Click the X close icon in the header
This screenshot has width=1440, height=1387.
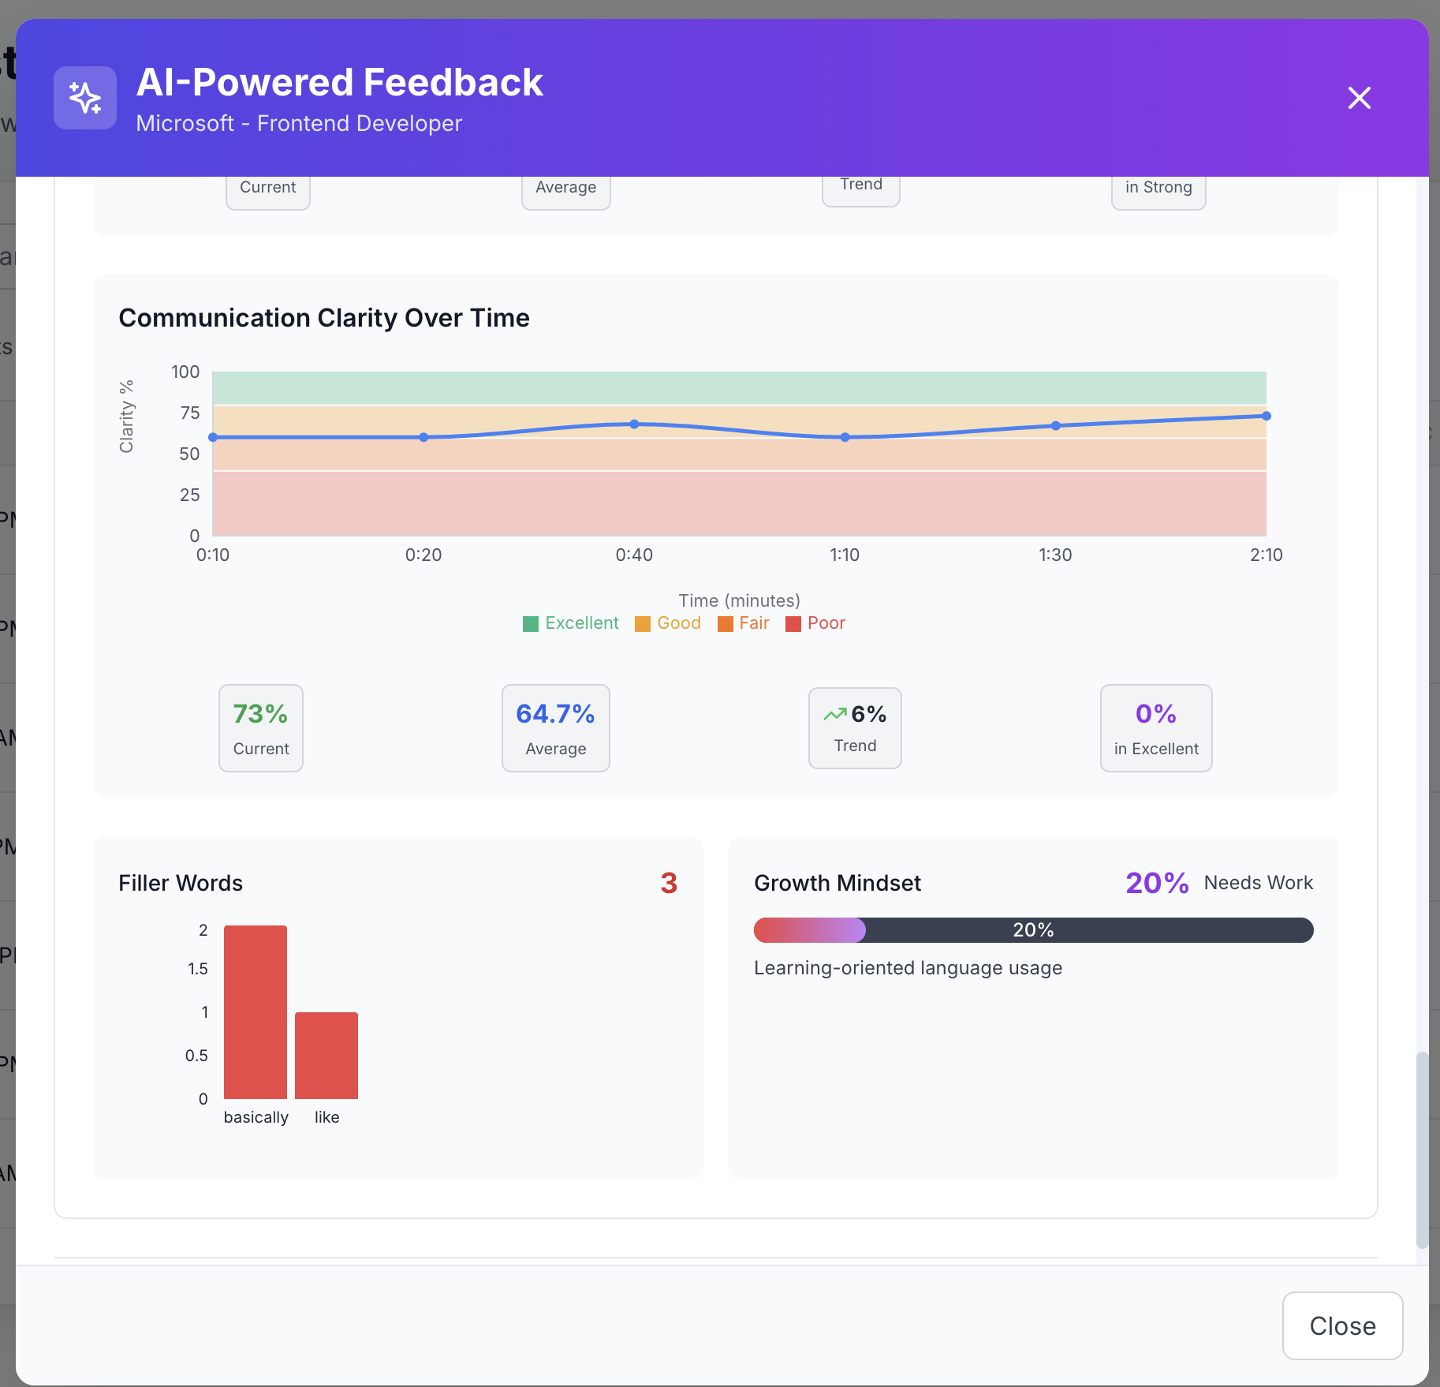coord(1359,98)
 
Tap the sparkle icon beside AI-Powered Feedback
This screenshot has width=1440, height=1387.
coord(85,98)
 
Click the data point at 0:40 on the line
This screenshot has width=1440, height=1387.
coord(634,424)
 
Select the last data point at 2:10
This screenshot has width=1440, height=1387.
coord(1266,416)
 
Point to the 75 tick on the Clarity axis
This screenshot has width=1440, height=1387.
coord(190,413)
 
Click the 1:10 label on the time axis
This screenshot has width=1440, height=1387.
coord(845,555)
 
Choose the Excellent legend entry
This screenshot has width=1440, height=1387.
coord(571,623)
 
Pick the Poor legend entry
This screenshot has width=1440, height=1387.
coord(815,623)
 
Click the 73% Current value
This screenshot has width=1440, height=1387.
coord(260,714)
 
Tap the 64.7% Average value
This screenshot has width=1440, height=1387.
coord(555,714)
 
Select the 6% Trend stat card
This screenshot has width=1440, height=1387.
coord(855,727)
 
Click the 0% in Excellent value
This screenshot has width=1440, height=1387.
coord(1155,714)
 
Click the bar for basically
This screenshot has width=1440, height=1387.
coord(256,1011)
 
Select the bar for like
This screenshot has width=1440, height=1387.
coord(326,1055)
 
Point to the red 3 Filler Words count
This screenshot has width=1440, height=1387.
coord(669,883)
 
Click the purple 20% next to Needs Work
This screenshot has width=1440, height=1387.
coord(1157,883)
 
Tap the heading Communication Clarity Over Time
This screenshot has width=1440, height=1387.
coord(324,318)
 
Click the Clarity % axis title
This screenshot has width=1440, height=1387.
coord(126,417)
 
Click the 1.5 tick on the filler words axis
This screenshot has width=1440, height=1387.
coord(198,969)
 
